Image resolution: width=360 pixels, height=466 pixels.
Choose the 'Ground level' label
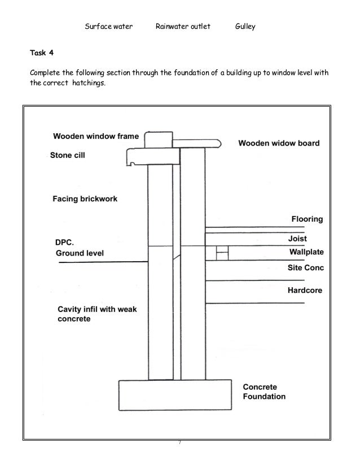pyautogui.click(x=80, y=253)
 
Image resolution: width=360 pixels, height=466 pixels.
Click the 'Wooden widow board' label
pyautogui.click(x=279, y=143)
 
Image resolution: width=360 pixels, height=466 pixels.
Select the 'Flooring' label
pyautogui.click(x=307, y=219)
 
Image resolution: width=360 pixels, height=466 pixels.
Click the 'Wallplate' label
pyautogui.click(x=306, y=252)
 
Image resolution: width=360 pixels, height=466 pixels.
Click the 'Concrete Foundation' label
pyautogui.click(x=264, y=392)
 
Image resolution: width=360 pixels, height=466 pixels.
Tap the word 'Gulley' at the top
pyautogui.click(x=245, y=27)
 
